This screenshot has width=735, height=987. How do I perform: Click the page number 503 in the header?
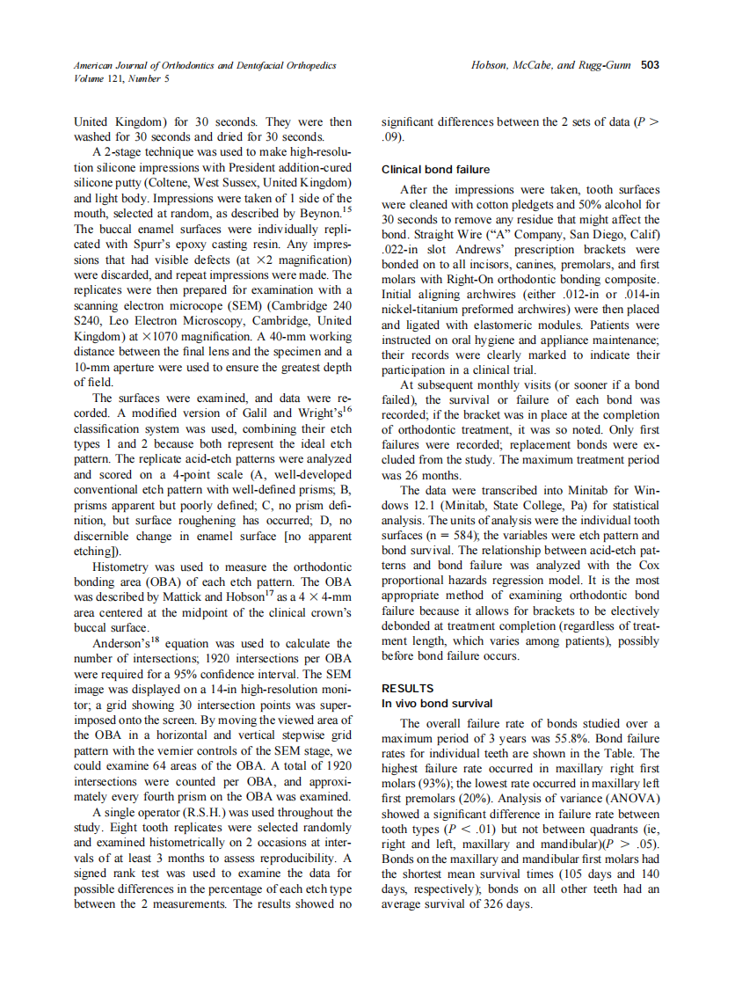click(650, 65)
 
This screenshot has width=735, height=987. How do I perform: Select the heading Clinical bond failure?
click(435, 169)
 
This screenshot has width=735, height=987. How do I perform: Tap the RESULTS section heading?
click(407, 689)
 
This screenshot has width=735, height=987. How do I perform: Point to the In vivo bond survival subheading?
click(437, 704)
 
